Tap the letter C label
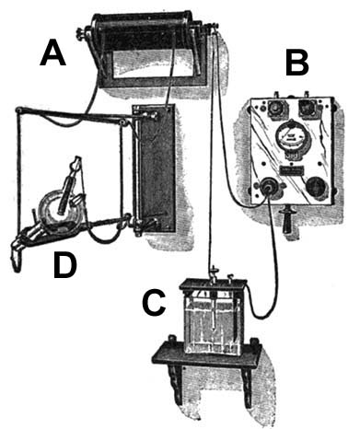[155, 300]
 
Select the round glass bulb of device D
[57, 208]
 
